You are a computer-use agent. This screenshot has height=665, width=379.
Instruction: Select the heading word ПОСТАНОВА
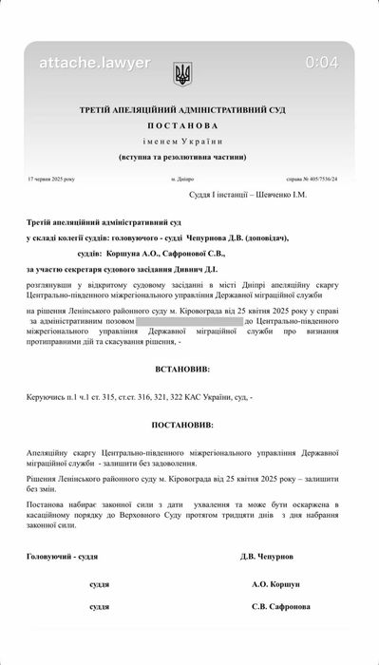[189, 124]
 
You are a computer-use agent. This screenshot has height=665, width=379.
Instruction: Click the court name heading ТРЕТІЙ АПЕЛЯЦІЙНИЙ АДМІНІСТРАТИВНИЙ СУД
[189, 110]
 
